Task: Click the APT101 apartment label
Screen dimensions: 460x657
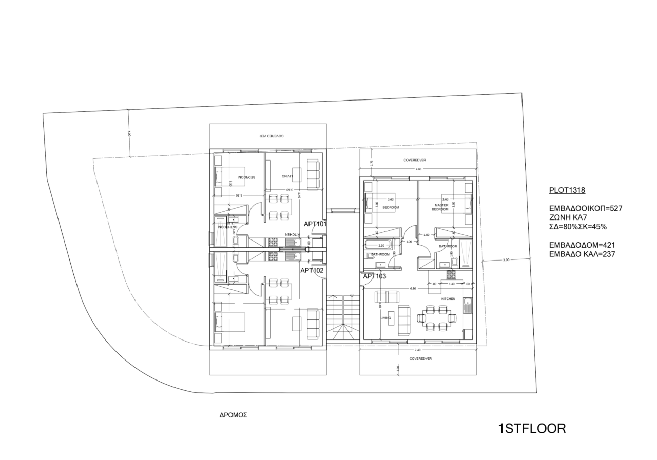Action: [315, 224]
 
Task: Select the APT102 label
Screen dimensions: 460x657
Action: [312, 270]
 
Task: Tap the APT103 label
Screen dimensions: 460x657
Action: [374, 276]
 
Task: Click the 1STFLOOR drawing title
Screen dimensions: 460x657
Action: [532, 429]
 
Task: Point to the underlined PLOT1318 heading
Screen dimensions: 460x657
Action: [567, 190]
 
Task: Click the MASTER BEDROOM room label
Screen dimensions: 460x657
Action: [441, 207]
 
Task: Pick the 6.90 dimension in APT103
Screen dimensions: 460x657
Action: [413, 289]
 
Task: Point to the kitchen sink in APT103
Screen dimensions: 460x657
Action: [467, 307]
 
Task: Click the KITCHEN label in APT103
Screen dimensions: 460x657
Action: [448, 298]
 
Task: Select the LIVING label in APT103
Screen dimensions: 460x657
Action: [385, 318]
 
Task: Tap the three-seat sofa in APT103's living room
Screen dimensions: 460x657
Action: [404, 320]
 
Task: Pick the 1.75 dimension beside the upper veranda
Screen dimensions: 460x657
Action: [371, 163]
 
